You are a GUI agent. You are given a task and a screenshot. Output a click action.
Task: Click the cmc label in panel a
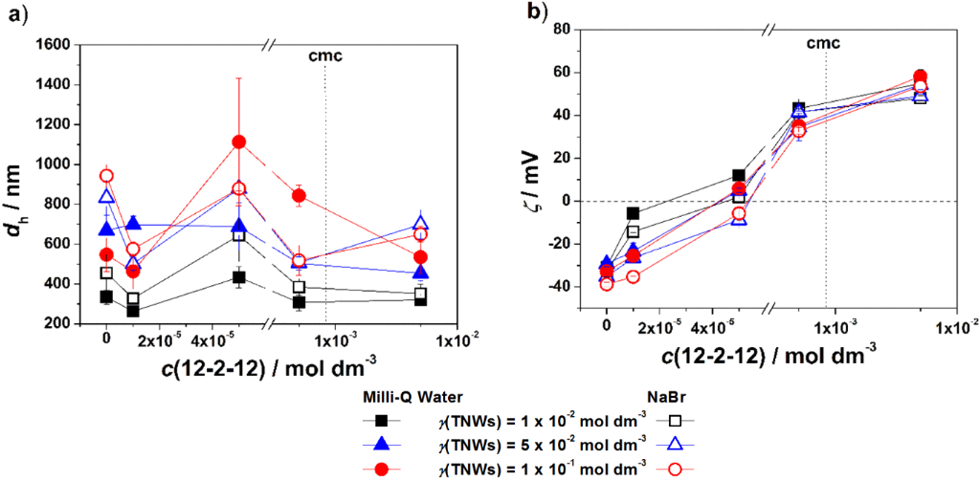[x=325, y=55]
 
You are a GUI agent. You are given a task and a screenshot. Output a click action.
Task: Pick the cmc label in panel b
[x=824, y=43]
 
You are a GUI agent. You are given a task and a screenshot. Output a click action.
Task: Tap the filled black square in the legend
[x=381, y=421]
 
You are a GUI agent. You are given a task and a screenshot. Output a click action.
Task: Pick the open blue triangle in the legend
[x=674, y=443]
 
